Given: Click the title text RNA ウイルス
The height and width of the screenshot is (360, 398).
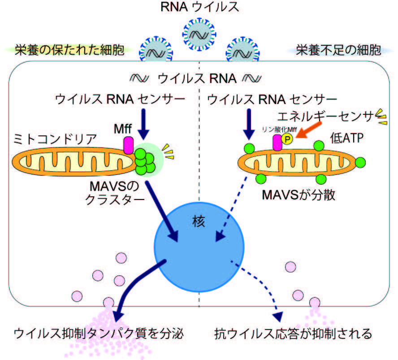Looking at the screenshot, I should [x=199, y=7].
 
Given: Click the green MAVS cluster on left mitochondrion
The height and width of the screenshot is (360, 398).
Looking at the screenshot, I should [x=145, y=160].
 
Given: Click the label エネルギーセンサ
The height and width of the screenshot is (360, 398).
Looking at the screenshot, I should [x=325, y=117].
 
